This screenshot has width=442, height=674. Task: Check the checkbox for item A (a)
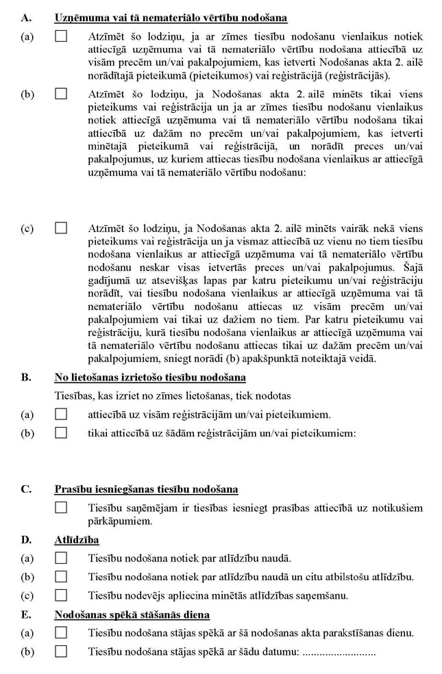click(61, 36)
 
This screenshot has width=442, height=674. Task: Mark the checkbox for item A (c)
click(61, 228)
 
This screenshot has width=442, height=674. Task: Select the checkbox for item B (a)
click(61, 414)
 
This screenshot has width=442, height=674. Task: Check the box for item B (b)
click(61, 432)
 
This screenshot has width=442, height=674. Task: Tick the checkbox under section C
click(61, 508)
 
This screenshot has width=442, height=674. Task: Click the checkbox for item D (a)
click(61, 558)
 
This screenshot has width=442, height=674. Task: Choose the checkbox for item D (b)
click(61, 577)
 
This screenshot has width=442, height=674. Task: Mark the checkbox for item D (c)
click(61, 595)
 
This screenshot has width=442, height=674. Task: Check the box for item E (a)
click(61, 632)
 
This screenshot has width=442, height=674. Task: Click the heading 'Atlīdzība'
click(73, 541)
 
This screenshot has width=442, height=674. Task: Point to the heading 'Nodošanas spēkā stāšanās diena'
click(132, 614)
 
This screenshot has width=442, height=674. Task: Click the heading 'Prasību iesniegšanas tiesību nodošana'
click(146, 489)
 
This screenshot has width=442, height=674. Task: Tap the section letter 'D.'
click(26, 541)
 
